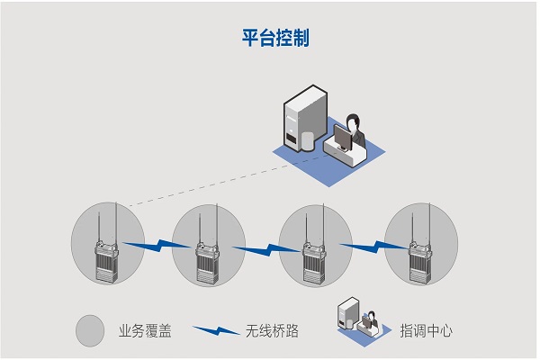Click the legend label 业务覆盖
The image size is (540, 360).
pos(144,331)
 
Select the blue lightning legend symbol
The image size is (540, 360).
pos(213,330)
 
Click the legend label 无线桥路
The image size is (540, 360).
pos(271,331)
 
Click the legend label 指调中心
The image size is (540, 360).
pos(426,331)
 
